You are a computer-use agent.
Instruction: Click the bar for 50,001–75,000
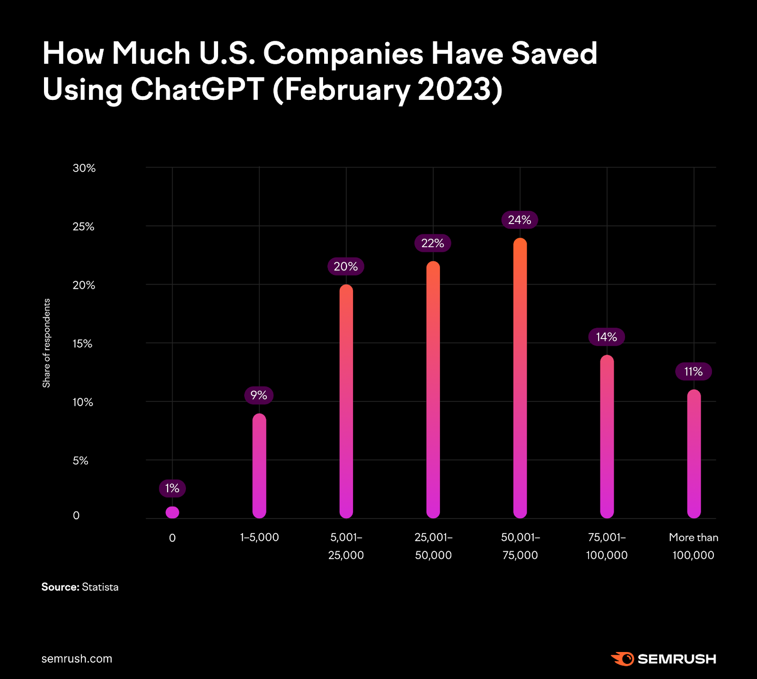point(520,379)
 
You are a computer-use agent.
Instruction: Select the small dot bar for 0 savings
point(172,512)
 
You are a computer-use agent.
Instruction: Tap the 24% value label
point(519,220)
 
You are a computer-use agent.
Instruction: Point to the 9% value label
point(259,395)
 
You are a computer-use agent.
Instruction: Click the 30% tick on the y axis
point(84,168)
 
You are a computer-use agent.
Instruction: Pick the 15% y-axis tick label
point(82,344)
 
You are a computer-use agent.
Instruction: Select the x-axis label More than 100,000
point(694,546)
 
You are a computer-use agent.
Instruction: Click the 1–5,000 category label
point(259,537)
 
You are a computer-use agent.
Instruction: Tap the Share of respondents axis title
point(46,343)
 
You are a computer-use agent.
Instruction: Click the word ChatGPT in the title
point(197,89)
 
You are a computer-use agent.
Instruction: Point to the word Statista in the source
point(100,587)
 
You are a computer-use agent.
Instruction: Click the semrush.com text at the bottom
point(77,659)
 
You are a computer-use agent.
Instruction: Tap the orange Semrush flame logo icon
point(622,659)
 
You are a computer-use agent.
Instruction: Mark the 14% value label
point(607,337)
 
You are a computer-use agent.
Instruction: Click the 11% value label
point(693,372)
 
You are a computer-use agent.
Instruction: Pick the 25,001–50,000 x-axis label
point(433,546)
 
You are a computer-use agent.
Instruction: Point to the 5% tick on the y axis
point(80,461)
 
